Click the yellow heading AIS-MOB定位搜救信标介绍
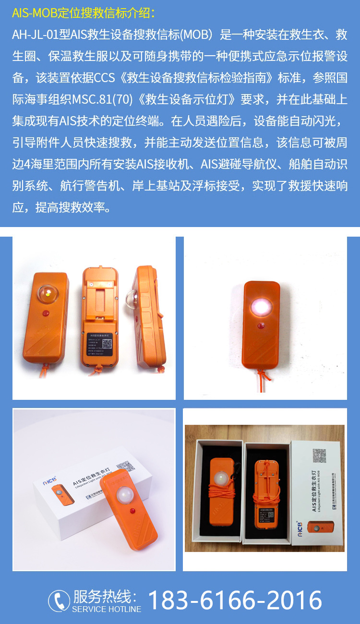(84, 13)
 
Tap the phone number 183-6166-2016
(235, 600)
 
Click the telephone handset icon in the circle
(59, 601)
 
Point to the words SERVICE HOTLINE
(107, 609)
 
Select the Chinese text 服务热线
(105, 597)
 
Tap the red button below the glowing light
(261, 326)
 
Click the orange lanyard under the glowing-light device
(263, 377)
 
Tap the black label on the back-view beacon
(100, 345)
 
